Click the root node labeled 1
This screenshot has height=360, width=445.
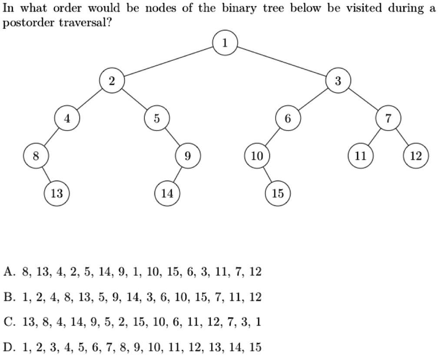(x=225, y=43)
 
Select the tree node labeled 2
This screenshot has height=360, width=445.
(x=112, y=81)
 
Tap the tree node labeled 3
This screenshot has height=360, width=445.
(x=339, y=81)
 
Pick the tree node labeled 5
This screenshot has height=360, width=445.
(x=157, y=118)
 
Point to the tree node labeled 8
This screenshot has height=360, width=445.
(x=36, y=156)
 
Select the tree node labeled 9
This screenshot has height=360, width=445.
(x=188, y=156)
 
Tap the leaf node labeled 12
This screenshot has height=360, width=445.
(x=416, y=156)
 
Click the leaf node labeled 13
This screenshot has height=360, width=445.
(x=57, y=193)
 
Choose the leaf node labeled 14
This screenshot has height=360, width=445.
(x=167, y=193)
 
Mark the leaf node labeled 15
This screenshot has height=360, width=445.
(x=278, y=193)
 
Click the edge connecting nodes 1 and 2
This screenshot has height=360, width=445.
(x=169, y=62)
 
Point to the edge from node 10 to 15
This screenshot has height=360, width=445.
(x=267, y=175)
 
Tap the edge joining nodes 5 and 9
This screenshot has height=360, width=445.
(x=173, y=137)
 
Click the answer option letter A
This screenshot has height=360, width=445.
(x=9, y=273)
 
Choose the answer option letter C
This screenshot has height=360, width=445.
(x=9, y=323)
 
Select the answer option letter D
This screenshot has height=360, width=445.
(x=9, y=347)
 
